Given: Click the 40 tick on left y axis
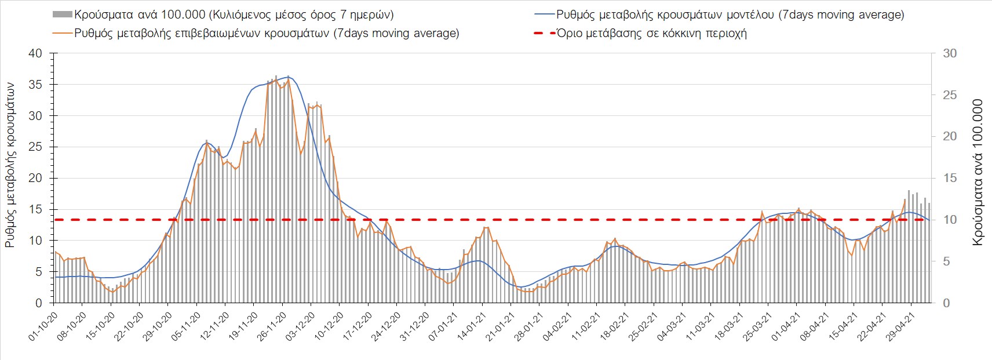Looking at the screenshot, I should pos(35,53).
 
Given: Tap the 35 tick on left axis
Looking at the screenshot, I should pos(35,85).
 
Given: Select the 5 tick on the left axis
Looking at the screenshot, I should pos(39,272).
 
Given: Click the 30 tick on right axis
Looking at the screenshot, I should pos(950,53).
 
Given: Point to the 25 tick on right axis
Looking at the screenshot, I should pos(950,95).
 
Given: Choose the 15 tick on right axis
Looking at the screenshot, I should pos(950,179).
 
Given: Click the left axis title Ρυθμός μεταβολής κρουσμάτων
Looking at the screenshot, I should pos(10,165).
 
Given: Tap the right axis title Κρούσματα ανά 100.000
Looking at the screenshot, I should pos(978,173).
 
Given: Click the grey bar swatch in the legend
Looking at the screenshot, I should pos(62,14).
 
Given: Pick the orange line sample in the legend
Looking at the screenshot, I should pos(62,33).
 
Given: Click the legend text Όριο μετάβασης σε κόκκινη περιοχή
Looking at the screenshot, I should pos(652,33).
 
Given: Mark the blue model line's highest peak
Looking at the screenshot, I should pos(289,77).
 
